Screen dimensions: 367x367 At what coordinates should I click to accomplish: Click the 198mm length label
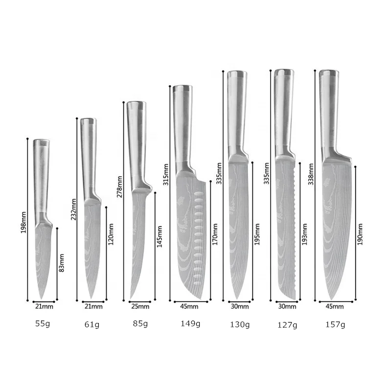[23, 222]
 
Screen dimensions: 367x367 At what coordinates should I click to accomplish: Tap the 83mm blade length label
[61, 263]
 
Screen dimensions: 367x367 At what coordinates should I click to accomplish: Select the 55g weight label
[43, 324]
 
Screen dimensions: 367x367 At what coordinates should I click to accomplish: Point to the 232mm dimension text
[73, 209]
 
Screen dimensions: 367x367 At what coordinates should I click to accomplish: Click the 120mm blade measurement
[111, 234]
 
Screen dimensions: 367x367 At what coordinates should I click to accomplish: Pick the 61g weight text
[92, 324]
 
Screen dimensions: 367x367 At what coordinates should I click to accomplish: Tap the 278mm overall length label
[119, 187]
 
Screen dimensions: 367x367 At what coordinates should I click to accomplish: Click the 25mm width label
[140, 306]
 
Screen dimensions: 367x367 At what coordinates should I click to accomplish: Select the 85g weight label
[140, 324]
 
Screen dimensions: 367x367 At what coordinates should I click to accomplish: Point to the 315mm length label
[166, 175]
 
